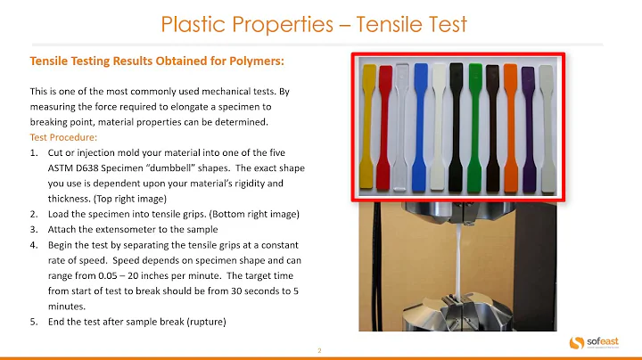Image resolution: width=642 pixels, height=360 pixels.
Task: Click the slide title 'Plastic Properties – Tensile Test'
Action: (x=313, y=24)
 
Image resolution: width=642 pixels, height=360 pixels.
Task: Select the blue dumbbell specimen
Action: (x=421, y=125)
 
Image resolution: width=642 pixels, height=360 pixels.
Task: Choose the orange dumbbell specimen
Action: (x=510, y=125)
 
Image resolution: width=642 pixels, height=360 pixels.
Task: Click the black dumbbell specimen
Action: (x=457, y=125)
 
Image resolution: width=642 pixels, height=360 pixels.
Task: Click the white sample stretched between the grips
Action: (x=457, y=258)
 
